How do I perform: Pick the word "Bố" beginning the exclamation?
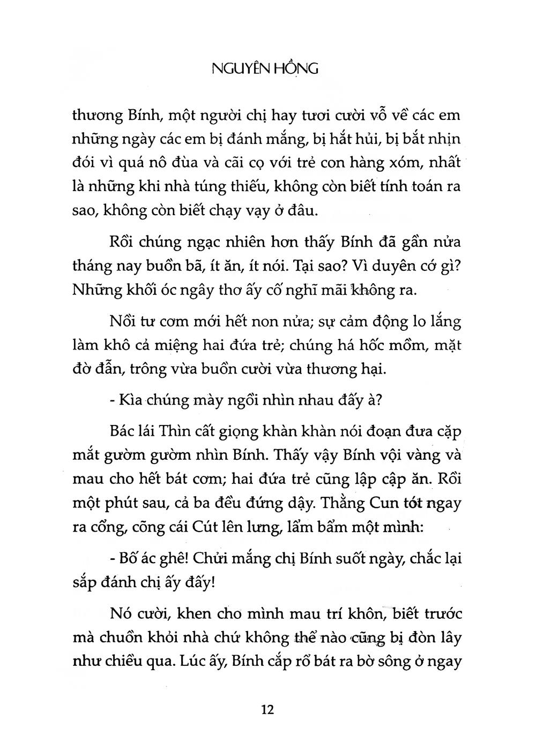(125, 559)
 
